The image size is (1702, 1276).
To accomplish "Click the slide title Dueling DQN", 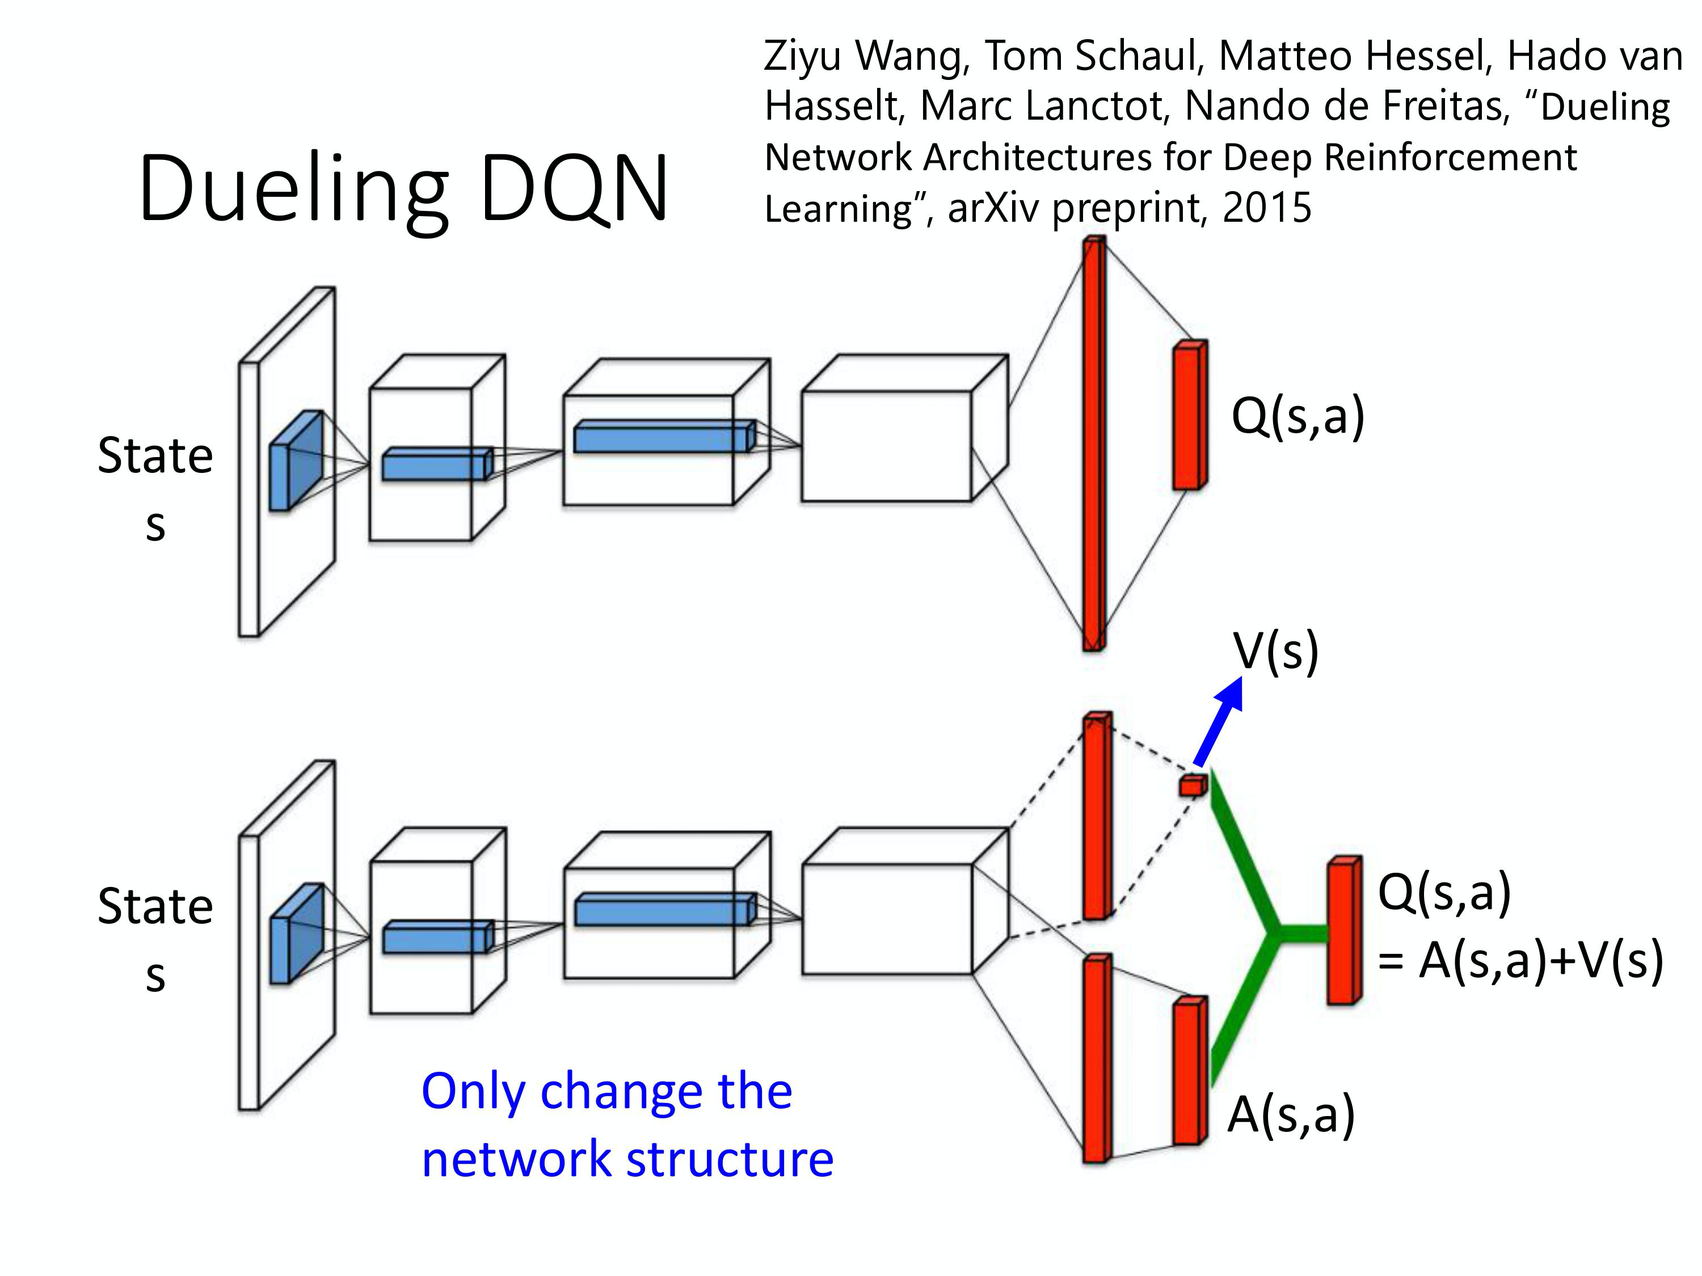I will (403, 188).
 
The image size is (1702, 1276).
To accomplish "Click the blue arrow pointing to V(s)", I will (1220, 719).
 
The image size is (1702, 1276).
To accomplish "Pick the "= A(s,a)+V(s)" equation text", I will (1520, 961).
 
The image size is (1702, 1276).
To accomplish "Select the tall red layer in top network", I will (1093, 445).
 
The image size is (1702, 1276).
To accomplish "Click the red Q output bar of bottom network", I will (1343, 931).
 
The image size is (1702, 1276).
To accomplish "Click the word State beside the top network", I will (155, 455).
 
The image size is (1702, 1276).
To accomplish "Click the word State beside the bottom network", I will (155, 906).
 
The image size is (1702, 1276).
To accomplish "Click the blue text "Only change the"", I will (606, 1091).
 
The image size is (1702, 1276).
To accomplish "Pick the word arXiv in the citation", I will (993, 208).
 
